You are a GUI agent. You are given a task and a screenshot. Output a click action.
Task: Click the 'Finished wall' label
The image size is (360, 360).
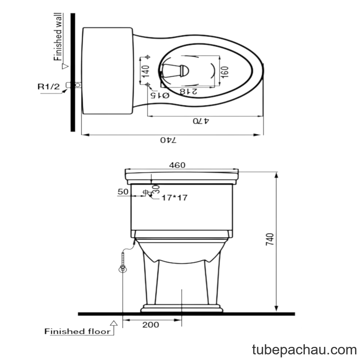click(58, 37)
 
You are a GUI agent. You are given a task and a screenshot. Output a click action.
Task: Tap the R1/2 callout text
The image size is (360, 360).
click(48, 87)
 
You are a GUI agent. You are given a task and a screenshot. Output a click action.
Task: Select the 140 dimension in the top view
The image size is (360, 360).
click(145, 71)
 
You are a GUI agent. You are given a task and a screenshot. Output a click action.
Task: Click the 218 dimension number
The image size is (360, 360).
click(188, 91)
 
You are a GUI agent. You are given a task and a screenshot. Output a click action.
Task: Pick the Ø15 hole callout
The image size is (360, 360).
click(160, 95)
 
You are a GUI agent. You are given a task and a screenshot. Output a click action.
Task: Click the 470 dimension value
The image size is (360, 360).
click(201, 121)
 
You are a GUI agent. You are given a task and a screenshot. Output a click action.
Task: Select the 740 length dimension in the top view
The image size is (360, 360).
click(168, 140)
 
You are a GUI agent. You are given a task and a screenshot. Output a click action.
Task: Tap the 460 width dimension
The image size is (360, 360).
click(177, 165)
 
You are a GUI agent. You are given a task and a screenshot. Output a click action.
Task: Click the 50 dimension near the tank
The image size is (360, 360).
click(123, 192)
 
